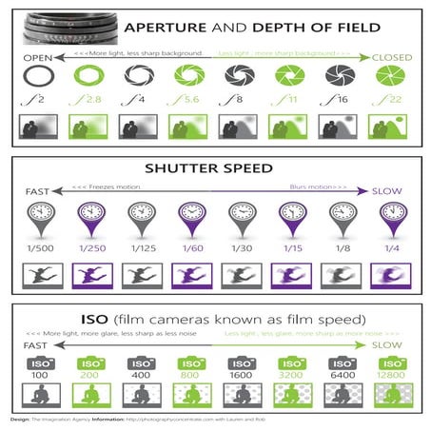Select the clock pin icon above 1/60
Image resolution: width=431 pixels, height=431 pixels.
tap(190, 218)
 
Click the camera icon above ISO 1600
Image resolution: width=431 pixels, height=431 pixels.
tap(240, 362)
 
